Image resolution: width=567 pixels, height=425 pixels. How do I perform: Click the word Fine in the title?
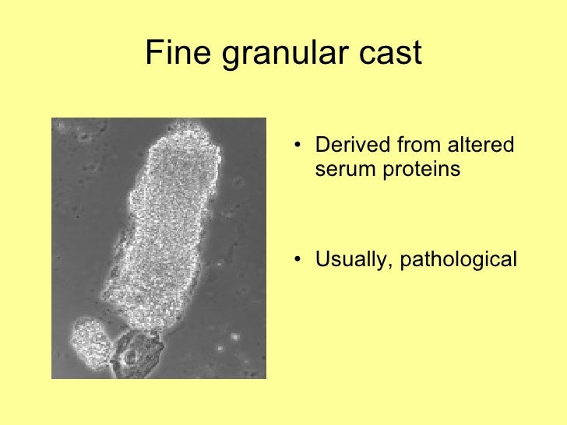tap(174, 53)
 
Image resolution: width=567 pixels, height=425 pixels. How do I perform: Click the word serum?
tap(343, 168)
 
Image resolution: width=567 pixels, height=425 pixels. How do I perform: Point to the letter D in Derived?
tap(321, 146)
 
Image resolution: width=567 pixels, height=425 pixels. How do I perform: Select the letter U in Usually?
tap(321, 258)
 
